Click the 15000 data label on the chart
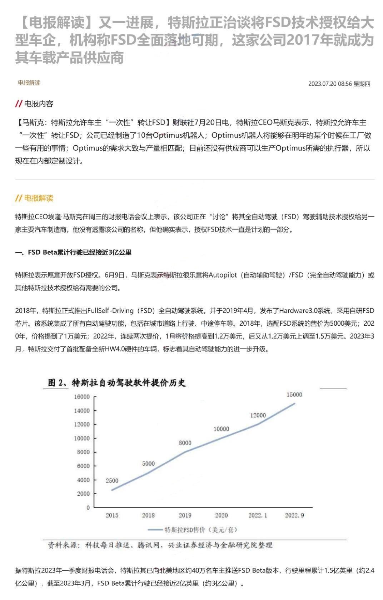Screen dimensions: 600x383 pyautogui.click(x=294, y=395)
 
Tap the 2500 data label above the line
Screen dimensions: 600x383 pyautogui.click(x=112, y=481)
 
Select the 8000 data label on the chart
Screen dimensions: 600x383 pyautogui.click(x=185, y=443)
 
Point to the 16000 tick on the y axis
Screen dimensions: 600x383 pyautogui.click(x=82, y=397)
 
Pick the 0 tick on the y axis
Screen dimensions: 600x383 pyautogui.click(x=88, y=507)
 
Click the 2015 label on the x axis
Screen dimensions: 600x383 pyautogui.click(x=112, y=515)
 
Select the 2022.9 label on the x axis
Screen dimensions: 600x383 pyautogui.click(x=294, y=515)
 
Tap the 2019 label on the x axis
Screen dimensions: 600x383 pyautogui.click(x=185, y=515)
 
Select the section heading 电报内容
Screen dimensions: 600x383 pyautogui.click(x=38, y=104)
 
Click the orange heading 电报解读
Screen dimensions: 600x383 pyautogui.click(x=38, y=198)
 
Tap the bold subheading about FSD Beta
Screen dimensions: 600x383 pyautogui.click(x=73, y=252)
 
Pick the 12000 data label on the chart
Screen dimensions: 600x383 pyautogui.click(x=258, y=415)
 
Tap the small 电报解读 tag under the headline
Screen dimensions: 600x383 pyautogui.click(x=29, y=83)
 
